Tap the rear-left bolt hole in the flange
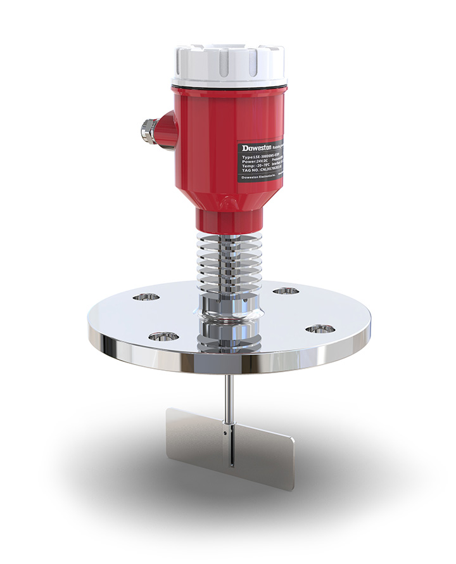click(x=146, y=296)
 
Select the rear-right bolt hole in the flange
click(x=286, y=291)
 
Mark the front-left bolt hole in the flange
click(x=161, y=335)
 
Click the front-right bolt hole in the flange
click(x=319, y=328)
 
